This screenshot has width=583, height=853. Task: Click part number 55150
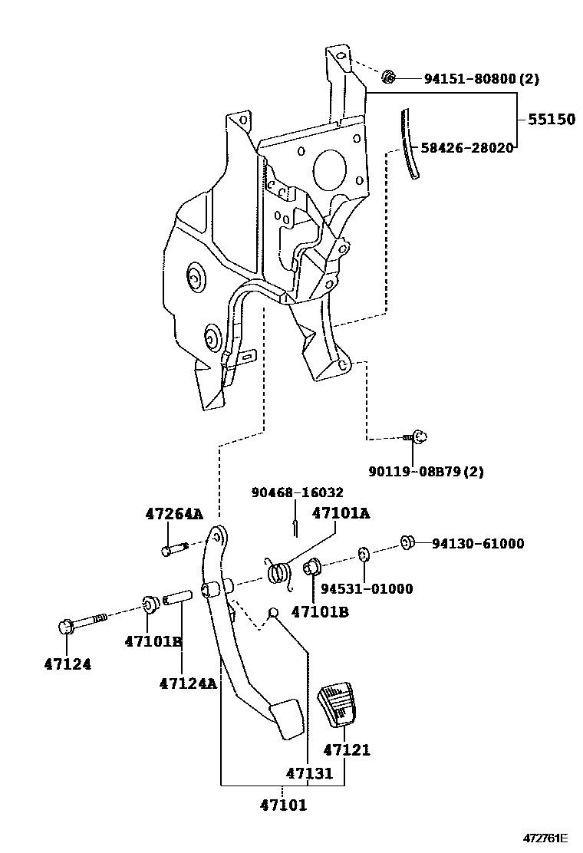(x=550, y=120)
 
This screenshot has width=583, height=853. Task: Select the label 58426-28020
(x=466, y=147)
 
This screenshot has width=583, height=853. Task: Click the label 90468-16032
(x=297, y=492)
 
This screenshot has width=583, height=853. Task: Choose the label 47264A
(x=174, y=514)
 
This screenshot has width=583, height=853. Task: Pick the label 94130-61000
(x=477, y=544)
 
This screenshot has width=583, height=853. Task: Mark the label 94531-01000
(x=366, y=589)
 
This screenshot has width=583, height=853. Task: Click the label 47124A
(x=188, y=683)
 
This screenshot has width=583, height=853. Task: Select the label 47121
(x=346, y=749)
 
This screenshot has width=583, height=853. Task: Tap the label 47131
(x=310, y=773)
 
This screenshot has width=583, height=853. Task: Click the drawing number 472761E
(x=546, y=838)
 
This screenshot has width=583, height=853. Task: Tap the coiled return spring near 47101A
(x=281, y=572)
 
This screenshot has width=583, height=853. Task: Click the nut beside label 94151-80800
(x=389, y=76)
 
